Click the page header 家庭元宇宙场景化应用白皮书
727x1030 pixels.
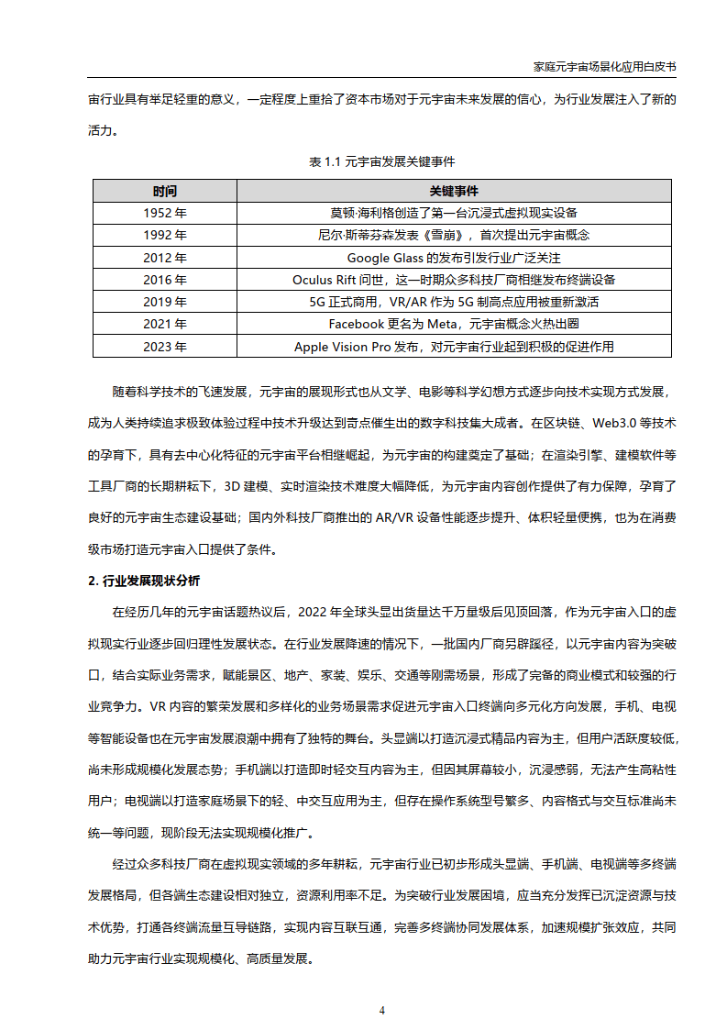click(x=604, y=67)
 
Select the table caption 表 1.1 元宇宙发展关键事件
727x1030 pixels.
click(x=381, y=161)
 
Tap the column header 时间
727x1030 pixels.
click(x=165, y=191)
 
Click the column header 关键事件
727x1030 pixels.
click(x=454, y=191)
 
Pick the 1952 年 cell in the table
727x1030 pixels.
click(x=165, y=213)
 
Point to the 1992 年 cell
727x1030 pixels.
click(x=165, y=235)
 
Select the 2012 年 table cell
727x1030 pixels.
click(x=165, y=258)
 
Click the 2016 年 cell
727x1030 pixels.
click(x=165, y=280)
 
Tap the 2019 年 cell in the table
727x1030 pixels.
click(x=165, y=302)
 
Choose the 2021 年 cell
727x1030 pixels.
click(x=165, y=324)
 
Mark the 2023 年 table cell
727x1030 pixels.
click(x=165, y=347)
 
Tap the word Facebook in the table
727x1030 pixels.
click(x=357, y=324)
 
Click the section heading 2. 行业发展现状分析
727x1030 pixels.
click(x=144, y=581)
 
